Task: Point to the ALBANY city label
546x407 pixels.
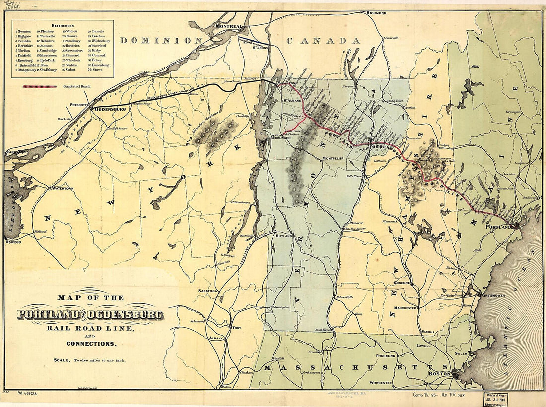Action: pyautogui.click(x=216, y=338)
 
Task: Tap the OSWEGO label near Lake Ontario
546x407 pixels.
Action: pyautogui.click(x=13, y=242)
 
